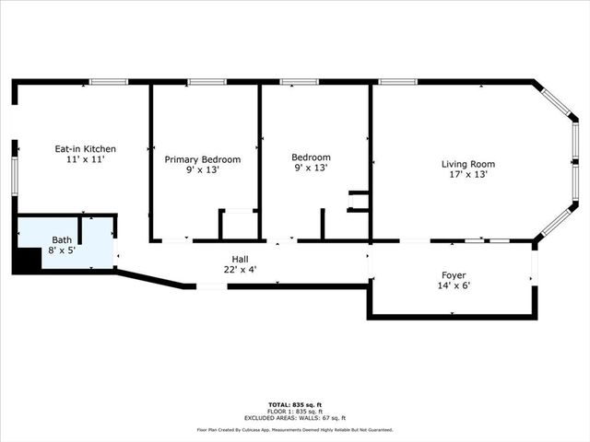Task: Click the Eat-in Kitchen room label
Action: point(85,148)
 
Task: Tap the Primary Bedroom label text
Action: point(202,159)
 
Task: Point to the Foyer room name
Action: point(453,275)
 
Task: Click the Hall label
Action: point(240,260)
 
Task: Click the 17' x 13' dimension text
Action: point(467,174)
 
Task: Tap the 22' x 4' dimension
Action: point(240,271)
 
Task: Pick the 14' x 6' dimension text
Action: point(453,286)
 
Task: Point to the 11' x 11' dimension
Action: point(85,159)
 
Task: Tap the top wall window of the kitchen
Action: point(108,82)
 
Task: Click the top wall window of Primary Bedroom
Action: point(206,82)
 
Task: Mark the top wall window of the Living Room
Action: point(397,82)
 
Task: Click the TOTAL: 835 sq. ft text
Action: point(294,405)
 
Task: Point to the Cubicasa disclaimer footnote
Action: point(294,430)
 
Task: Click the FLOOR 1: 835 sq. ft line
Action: point(294,411)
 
